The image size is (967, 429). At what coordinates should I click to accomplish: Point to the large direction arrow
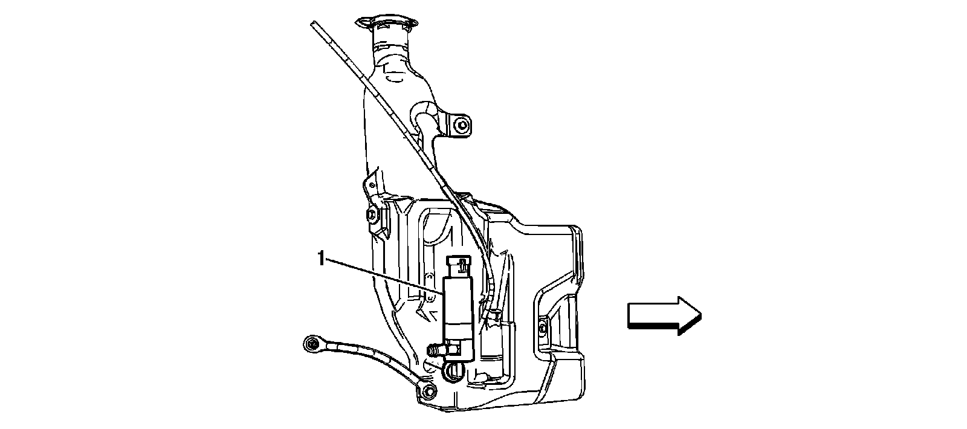point(664,315)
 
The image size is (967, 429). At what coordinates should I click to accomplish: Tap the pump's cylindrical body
point(459,308)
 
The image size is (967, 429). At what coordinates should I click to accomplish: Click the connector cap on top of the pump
point(460,264)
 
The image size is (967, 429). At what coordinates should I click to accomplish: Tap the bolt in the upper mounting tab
point(463,126)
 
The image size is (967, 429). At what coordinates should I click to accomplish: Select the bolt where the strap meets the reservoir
point(428,390)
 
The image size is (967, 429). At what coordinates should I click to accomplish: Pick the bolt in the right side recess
point(542,327)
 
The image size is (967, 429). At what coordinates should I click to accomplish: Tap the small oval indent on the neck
point(396,77)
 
